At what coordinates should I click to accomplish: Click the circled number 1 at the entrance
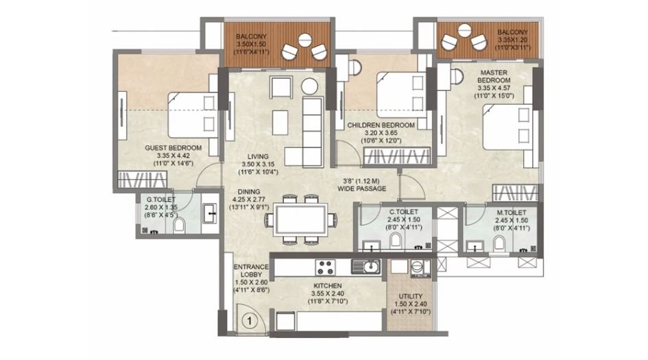250,320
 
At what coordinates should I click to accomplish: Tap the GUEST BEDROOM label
173,148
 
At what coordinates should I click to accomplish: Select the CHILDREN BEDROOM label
381,125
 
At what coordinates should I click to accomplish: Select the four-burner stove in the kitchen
324,266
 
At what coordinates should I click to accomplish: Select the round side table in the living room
310,86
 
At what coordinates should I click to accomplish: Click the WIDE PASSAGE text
365,189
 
